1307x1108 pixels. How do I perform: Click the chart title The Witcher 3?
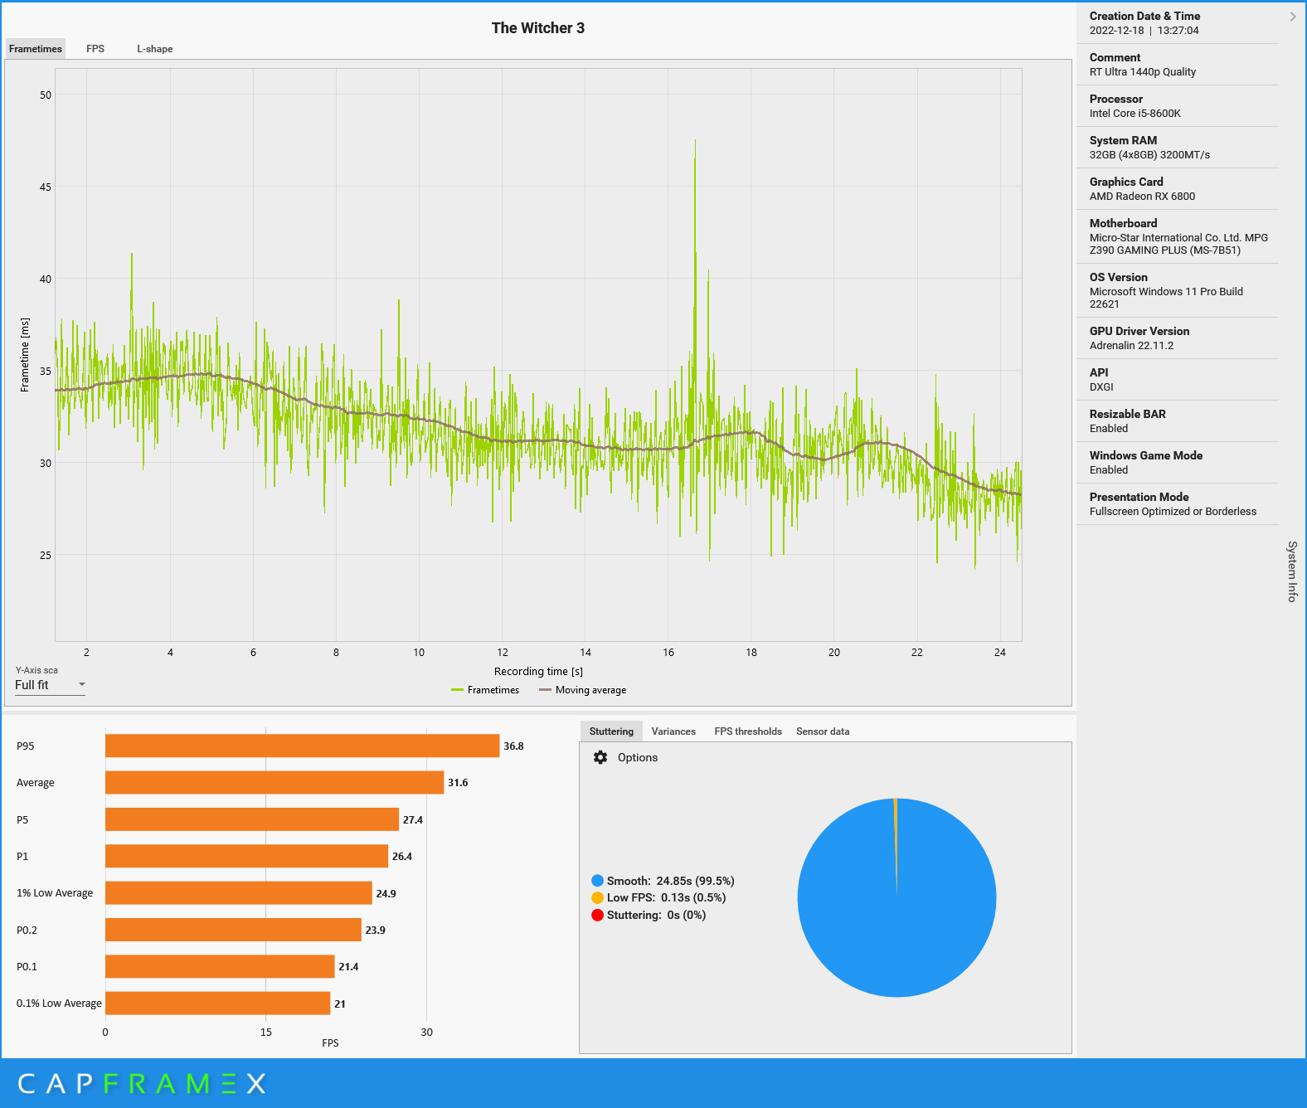point(537,28)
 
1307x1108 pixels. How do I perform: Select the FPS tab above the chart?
point(95,49)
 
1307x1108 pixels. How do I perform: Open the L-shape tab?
point(155,49)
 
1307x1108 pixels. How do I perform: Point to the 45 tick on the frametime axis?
point(46,187)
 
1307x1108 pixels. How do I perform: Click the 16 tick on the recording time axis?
point(668,653)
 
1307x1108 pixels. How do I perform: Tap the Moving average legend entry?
point(582,690)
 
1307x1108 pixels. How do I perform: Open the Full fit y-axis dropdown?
point(50,685)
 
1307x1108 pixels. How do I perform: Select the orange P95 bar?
point(302,746)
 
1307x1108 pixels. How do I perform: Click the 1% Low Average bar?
point(238,893)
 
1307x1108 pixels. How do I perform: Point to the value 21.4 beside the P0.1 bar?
point(348,967)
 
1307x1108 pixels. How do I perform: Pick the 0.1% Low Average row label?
point(59,1004)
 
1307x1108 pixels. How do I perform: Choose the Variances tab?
point(673,731)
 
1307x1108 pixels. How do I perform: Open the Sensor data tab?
point(823,731)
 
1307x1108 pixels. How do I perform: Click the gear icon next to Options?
point(600,757)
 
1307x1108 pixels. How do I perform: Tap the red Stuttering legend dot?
point(597,916)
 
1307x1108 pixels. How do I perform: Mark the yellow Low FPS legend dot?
point(597,898)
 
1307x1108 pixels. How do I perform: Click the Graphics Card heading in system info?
point(1126,182)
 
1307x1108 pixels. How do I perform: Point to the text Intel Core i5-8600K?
point(1135,114)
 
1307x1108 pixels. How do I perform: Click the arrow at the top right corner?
point(1292,17)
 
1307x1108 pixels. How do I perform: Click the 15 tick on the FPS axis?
point(266,1033)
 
